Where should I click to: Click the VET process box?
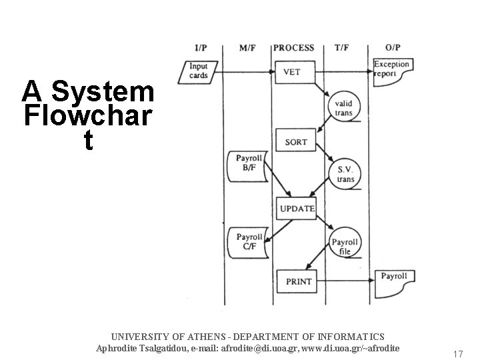click(292, 72)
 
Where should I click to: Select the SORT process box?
click(296, 141)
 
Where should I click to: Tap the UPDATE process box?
click(297, 209)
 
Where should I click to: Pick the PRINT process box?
click(298, 281)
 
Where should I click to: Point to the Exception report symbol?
click(391, 69)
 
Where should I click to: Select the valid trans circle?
click(344, 108)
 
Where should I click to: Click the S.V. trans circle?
click(345, 174)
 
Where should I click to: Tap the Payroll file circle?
click(345, 247)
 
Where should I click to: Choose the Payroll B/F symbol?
click(248, 163)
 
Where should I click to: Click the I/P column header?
click(200, 47)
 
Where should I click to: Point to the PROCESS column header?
click(294, 47)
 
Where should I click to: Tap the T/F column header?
click(341, 47)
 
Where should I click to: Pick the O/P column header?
click(393, 47)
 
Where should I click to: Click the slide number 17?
click(457, 353)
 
